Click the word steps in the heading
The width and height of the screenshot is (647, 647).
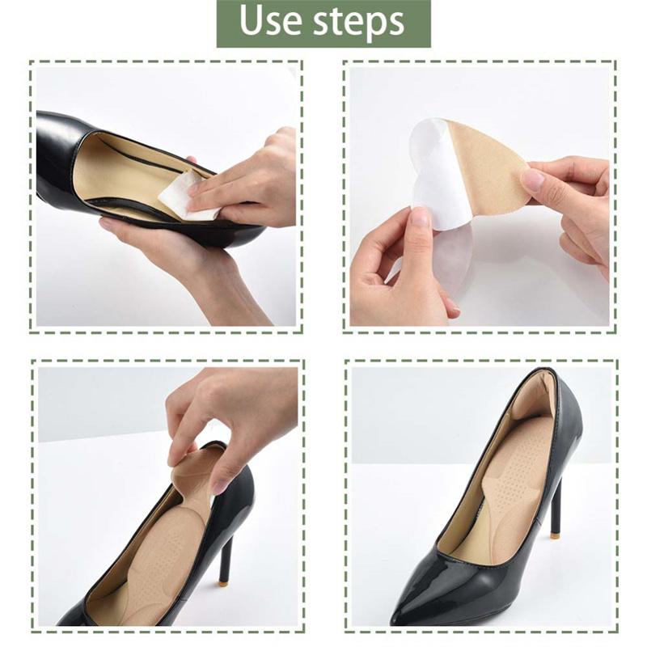(358, 23)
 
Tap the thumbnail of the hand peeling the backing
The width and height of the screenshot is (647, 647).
(420, 218)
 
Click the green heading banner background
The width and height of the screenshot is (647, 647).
(323, 23)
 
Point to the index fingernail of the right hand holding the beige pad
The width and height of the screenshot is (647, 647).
(533, 179)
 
